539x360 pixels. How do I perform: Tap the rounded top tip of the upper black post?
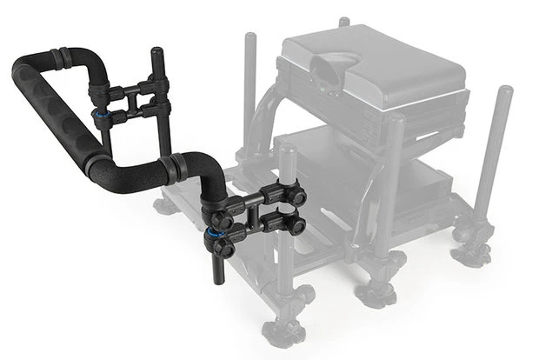[158, 51]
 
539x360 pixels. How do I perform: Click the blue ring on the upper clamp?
[95, 112]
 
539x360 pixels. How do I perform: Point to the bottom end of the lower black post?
[218, 279]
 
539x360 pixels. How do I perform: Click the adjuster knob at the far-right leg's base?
[474, 253]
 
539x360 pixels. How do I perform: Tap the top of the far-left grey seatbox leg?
[251, 40]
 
